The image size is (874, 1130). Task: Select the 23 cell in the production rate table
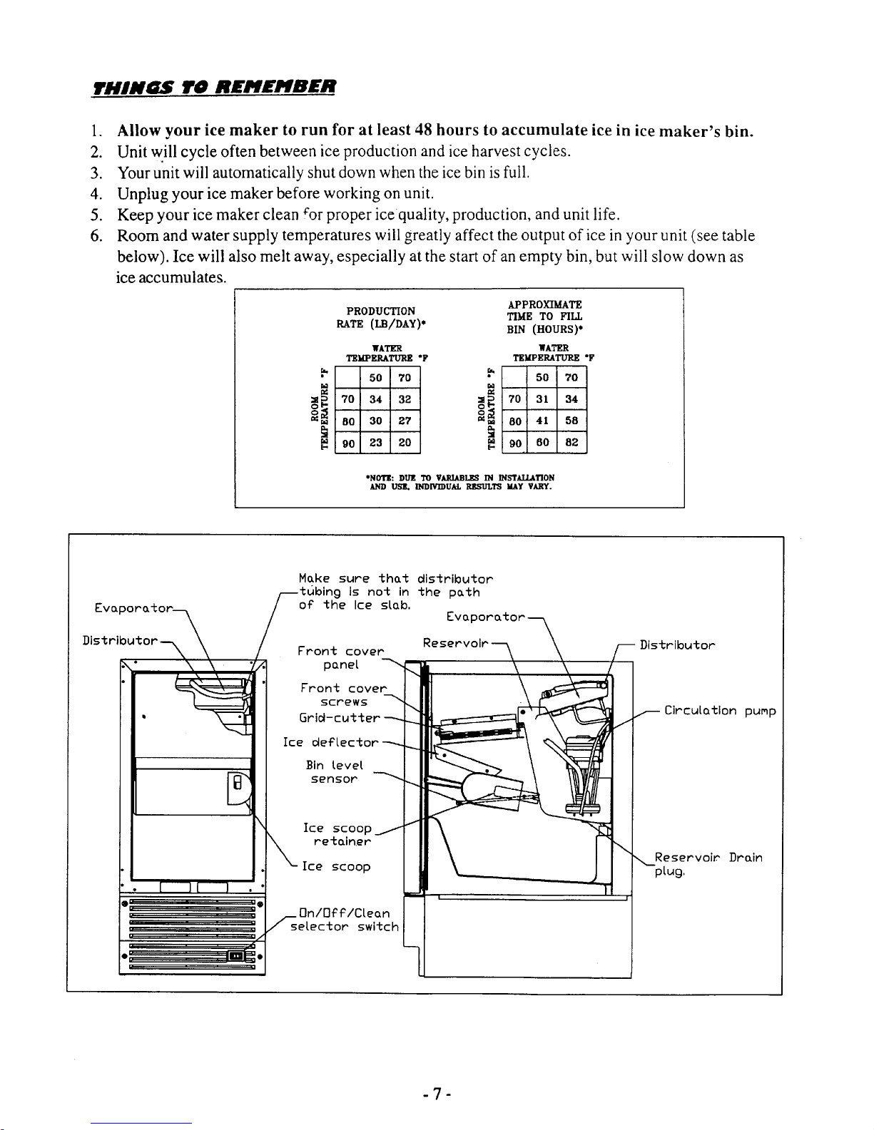click(x=377, y=443)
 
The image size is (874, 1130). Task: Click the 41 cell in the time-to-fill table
click(x=543, y=421)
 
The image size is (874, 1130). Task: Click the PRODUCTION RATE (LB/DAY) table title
click(x=380, y=317)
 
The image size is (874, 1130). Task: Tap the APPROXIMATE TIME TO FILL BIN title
click(x=544, y=317)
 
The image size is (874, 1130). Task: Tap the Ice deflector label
click(x=330, y=743)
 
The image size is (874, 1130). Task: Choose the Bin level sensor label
click(x=334, y=772)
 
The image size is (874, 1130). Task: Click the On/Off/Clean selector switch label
click(x=345, y=920)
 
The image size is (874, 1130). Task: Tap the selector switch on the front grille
click(x=240, y=956)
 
